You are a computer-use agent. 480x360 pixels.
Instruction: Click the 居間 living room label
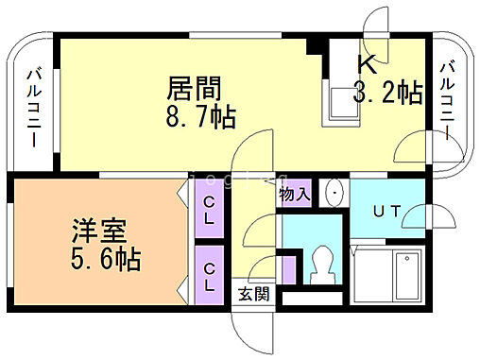(x=195, y=90)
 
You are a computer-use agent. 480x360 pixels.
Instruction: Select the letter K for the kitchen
(x=367, y=64)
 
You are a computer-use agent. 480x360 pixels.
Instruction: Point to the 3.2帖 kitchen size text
(x=386, y=93)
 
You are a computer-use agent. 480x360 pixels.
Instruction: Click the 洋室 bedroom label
(x=99, y=230)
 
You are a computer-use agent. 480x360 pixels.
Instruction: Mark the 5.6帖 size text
(x=106, y=258)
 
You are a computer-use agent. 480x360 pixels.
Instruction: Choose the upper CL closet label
(x=209, y=211)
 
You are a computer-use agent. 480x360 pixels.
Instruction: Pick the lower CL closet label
(x=209, y=275)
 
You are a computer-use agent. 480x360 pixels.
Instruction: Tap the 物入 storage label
(x=294, y=195)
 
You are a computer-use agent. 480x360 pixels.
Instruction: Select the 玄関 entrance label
(x=252, y=294)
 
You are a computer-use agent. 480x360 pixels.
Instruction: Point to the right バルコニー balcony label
(x=447, y=97)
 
